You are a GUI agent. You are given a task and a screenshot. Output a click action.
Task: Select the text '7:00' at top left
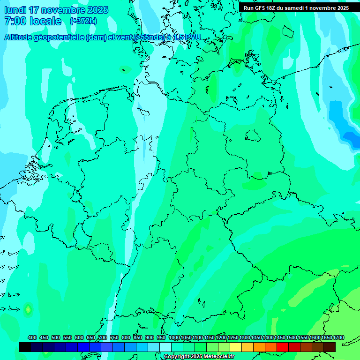coord(15,21)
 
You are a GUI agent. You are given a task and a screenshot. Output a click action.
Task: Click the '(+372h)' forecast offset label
coord(83,21)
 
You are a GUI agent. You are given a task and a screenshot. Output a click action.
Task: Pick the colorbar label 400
coord(32,337)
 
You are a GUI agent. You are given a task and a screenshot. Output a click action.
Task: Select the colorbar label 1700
coord(338,337)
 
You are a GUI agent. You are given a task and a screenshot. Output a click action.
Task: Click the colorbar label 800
coord(126,337)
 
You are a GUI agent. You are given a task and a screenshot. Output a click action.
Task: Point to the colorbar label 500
coord(56,337)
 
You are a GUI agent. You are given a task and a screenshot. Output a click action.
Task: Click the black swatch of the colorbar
coord(25,347)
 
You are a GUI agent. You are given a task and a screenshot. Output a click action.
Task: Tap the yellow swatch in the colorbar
coord(236,347)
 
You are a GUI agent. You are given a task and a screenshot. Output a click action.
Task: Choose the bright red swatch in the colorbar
coord(283,347)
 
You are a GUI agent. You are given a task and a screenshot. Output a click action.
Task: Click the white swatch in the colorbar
coord(165,347)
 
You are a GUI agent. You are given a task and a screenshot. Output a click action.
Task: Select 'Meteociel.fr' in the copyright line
coord(219,357)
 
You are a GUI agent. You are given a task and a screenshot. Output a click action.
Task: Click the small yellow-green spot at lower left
coord(28,309)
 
